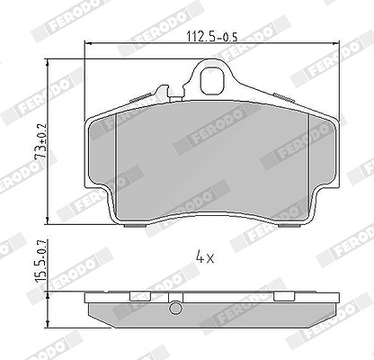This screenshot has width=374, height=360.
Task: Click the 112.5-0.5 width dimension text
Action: (212, 37)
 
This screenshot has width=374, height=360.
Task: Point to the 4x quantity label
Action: (205, 257)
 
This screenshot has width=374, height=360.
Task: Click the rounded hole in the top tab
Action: (212, 80)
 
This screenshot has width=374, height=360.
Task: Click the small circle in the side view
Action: (175, 308)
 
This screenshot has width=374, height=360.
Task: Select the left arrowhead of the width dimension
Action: (88, 44)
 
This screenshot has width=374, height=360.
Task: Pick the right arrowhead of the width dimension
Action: (336, 44)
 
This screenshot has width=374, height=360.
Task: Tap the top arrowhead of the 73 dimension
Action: (48, 62)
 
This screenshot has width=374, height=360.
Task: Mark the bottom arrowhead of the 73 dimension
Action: (48, 220)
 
